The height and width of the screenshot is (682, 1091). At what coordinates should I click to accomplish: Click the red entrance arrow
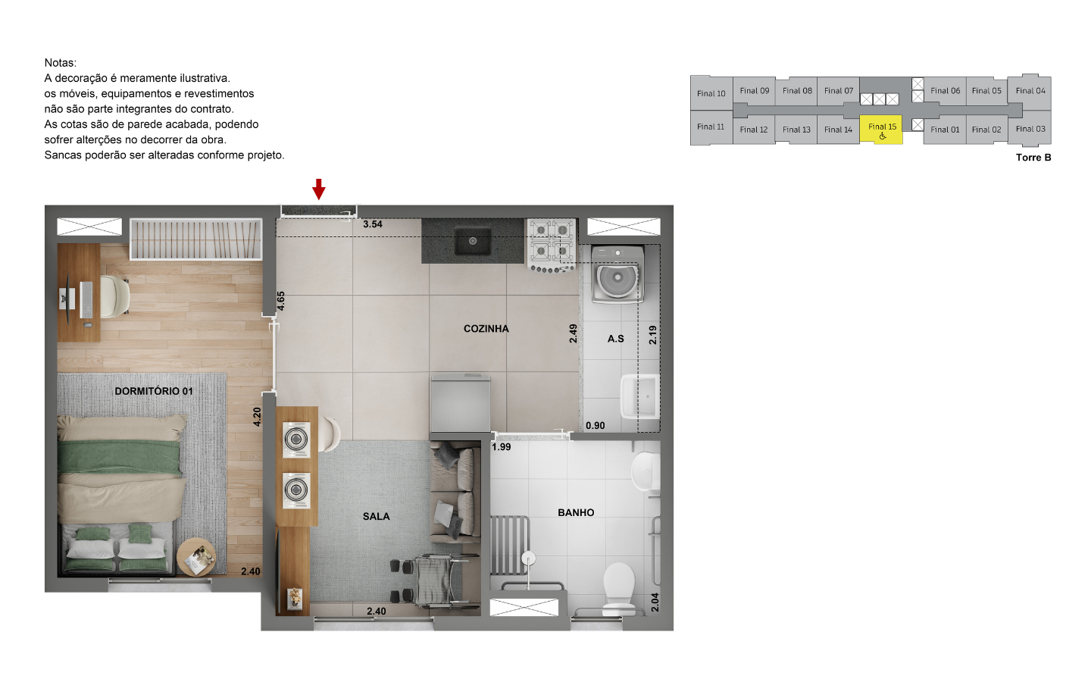click(x=318, y=189)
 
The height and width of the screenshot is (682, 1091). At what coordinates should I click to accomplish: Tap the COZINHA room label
click(x=486, y=329)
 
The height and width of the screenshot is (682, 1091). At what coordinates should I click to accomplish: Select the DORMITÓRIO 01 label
click(x=153, y=391)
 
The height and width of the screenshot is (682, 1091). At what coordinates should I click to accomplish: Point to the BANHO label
click(x=576, y=512)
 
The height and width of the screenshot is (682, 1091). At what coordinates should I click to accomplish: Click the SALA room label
click(x=376, y=516)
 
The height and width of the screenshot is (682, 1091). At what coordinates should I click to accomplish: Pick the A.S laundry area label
click(x=616, y=339)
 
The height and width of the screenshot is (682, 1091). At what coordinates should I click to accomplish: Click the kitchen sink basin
click(x=473, y=241)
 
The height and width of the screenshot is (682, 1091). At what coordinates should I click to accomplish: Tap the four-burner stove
click(x=552, y=245)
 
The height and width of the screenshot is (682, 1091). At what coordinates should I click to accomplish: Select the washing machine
click(x=617, y=275)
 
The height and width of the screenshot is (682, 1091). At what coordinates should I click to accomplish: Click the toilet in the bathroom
click(x=619, y=589)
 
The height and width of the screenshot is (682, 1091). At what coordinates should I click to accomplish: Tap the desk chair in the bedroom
click(x=115, y=296)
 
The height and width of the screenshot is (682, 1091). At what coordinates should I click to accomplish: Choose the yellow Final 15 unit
click(x=881, y=130)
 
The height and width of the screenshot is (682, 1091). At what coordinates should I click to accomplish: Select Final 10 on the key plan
click(x=711, y=93)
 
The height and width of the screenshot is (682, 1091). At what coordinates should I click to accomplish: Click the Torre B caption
click(x=1033, y=158)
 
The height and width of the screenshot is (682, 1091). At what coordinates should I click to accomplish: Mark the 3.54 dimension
click(x=373, y=224)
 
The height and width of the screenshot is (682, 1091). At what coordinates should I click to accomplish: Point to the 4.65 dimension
click(x=281, y=301)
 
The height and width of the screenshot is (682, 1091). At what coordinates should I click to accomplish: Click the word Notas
click(x=61, y=63)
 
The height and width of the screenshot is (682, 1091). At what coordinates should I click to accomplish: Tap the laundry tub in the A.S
click(x=640, y=396)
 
